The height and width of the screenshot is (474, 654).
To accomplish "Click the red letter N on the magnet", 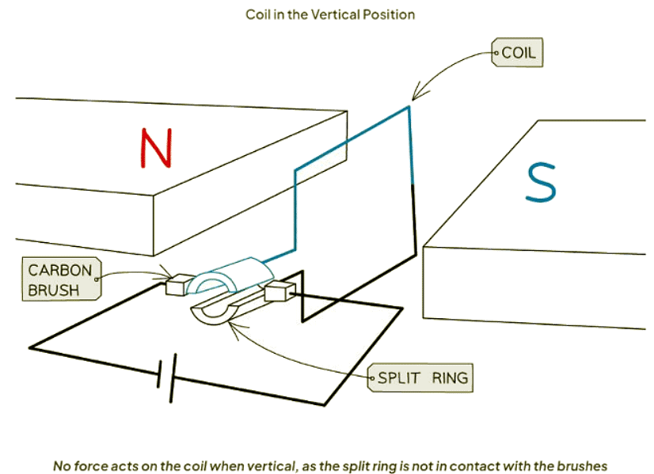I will pos(156,148).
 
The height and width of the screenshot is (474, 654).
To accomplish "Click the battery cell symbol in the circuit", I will pos(165,378).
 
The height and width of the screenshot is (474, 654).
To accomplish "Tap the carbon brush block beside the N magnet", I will pos(179,284).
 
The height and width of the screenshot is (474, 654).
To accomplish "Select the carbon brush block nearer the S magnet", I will pos(278,294).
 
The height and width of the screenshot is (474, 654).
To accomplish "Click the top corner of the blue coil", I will pos(409,106).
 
